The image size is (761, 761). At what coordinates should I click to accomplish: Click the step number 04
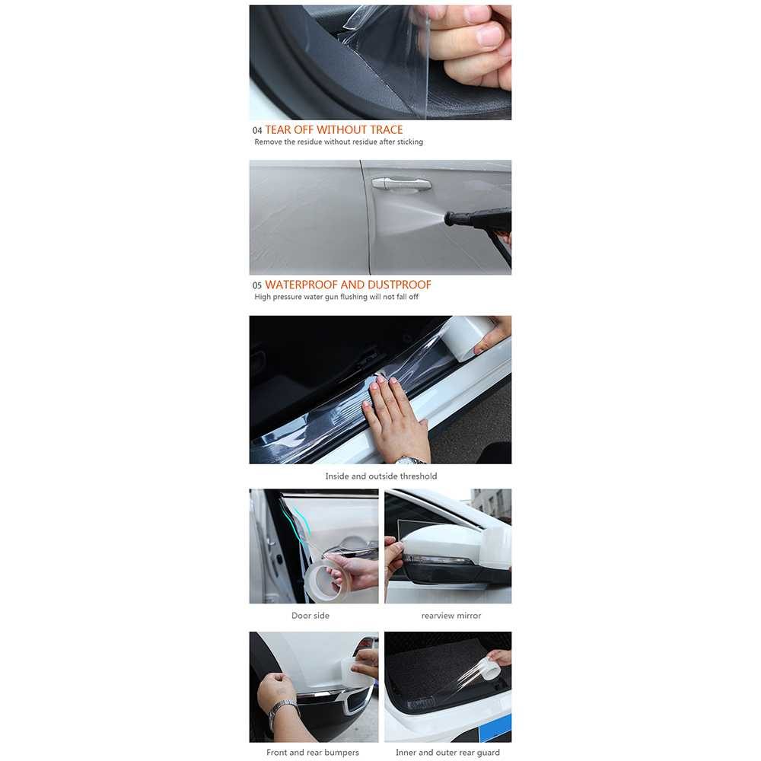[x=256, y=131]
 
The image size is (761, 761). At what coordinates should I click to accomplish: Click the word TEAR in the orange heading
[x=278, y=130]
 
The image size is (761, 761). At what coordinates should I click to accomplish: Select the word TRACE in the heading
[x=387, y=130]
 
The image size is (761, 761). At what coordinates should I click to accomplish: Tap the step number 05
[x=256, y=285]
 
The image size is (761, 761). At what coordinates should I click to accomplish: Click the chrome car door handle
[x=401, y=183]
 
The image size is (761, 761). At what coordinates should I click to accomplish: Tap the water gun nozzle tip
[x=447, y=218]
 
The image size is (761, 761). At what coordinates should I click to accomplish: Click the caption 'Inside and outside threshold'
[x=381, y=476]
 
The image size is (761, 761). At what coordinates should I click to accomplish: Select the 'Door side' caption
[x=310, y=616]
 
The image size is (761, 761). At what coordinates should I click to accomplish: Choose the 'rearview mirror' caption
[x=451, y=616]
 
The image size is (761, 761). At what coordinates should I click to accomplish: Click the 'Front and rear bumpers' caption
[x=313, y=753]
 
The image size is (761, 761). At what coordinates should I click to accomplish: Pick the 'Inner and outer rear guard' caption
[x=447, y=753]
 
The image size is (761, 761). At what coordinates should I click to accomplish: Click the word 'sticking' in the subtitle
[x=410, y=142]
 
